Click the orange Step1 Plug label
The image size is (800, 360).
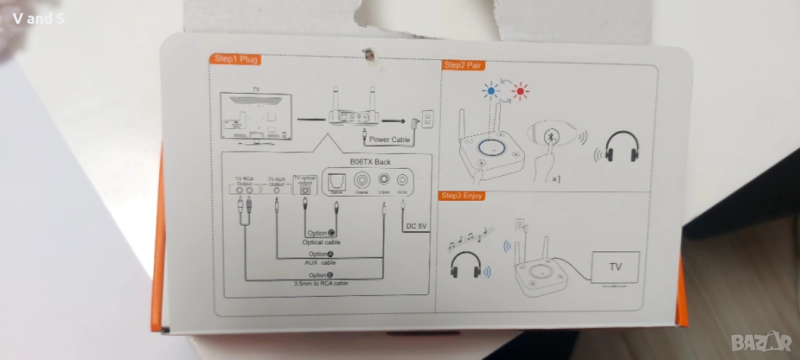pos(234,59)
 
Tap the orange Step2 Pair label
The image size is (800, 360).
pos(463,65)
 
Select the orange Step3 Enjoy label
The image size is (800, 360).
pos(462,196)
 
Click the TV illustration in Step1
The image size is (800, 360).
pos(256,117)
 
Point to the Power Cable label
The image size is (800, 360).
pos(389,139)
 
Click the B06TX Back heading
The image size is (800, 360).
pos(370,161)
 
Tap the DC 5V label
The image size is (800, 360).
pos(416,226)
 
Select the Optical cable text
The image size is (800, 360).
pos(321,242)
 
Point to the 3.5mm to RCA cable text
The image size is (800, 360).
pos(321,283)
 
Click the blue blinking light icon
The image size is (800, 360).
pos(491,91)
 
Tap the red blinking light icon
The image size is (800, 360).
pos(519,92)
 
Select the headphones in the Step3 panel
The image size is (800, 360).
pos(466,265)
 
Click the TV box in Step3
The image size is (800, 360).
pos(615,267)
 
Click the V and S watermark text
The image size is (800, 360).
pos(38,18)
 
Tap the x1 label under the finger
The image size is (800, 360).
pos(556,179)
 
